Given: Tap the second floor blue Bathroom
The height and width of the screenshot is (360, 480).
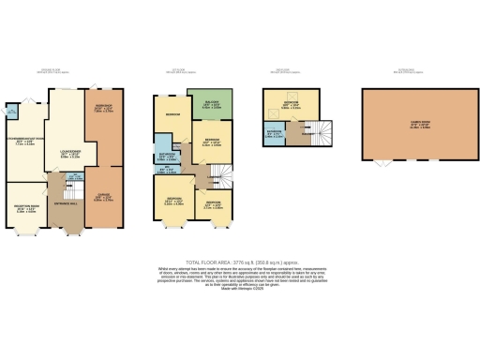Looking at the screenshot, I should (276, 133).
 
